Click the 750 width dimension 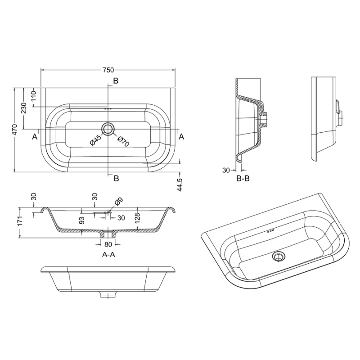108,70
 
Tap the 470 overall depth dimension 14,130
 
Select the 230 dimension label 24,108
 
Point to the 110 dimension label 34,96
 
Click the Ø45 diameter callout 96,140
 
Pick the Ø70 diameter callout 123,141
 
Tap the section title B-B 243,178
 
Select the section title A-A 108,255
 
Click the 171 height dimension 21,220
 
